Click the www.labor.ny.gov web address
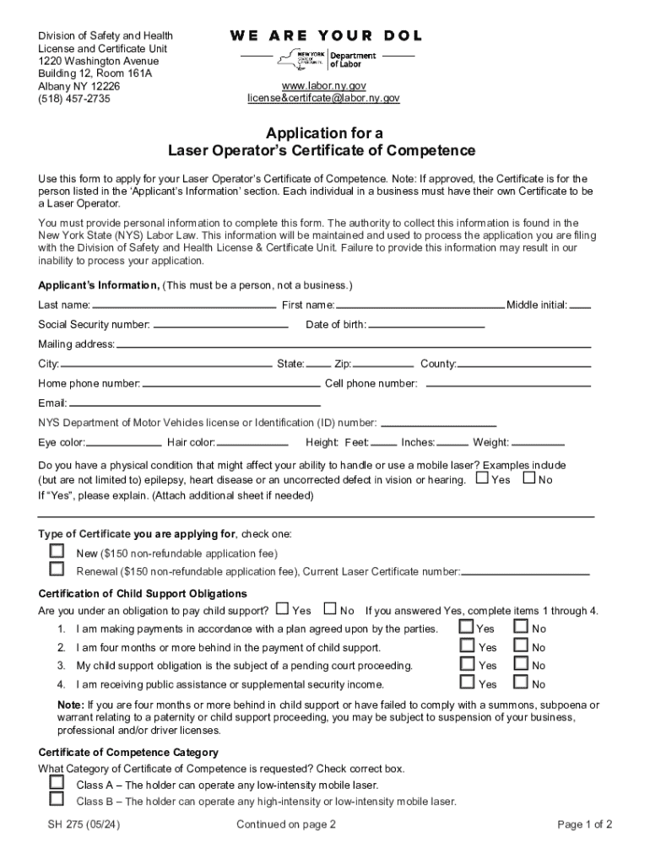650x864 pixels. click(x=323, y=86)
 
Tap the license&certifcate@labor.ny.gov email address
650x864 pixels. click(x=323, y=99)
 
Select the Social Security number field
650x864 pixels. click(x=220, y=326)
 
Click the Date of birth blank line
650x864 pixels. click(x=426, y=326)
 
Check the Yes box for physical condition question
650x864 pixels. click(x=482, y=478)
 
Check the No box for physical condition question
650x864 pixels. click(x=529, y=478)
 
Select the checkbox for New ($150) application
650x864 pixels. click(x=57, y=550)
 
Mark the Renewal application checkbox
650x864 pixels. click(x=57, y=569)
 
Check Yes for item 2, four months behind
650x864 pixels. click(x=466, y=645)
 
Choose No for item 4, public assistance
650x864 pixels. click(x=521, y=682)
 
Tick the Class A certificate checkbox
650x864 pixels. click(x=57, y=781)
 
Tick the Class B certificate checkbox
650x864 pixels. click(x=57, y=798)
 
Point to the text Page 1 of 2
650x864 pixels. click(x=585, y=824)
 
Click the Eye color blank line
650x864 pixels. click(x=124, y=443)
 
